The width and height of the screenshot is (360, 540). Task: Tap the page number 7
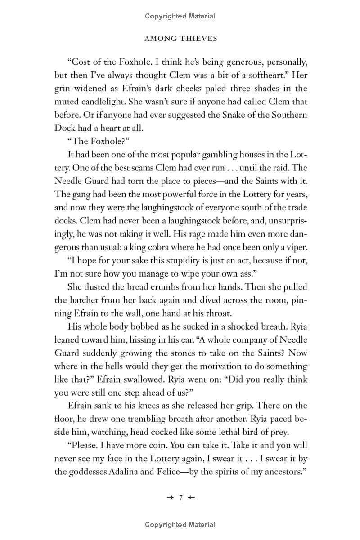pyautogui.click(x=180, y=497)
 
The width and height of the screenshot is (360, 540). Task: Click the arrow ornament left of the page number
pyautogui.click(x=170, y=497)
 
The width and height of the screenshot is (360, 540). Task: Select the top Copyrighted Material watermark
pyautogui.click(x=180, y=16)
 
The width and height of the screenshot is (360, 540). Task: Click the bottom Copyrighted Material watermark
pyautogui.click(x=180, y=524)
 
